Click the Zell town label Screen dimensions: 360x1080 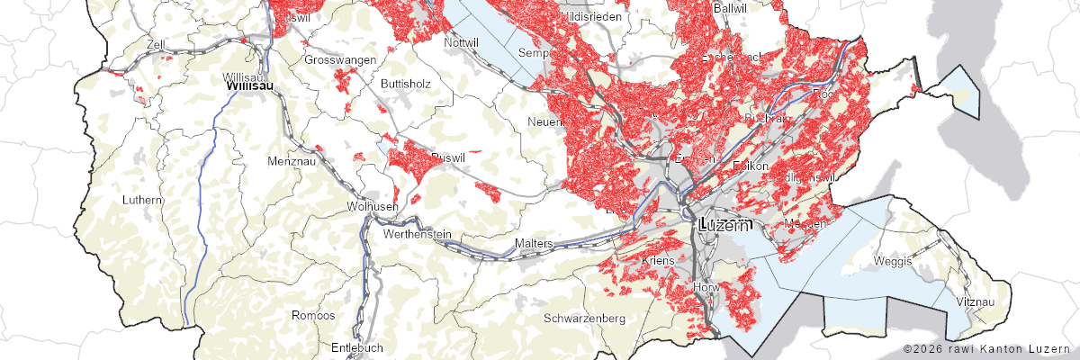[157, 43]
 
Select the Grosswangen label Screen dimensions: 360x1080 [342, 60]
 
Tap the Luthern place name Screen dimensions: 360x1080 [142, 199]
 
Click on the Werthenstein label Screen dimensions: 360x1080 [417, 234]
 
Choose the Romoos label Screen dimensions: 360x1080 [313, 316]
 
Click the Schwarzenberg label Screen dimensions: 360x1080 [584, 319]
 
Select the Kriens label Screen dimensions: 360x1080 [659, 261]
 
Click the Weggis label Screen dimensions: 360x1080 [894, 261]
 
